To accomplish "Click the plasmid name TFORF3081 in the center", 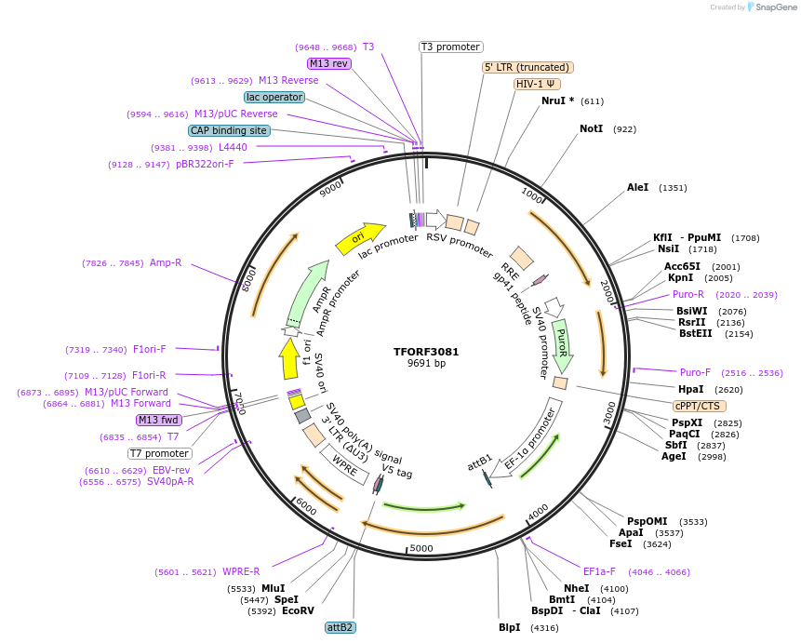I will (x=426, y=352).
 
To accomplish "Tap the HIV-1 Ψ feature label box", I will (x=537, y=84).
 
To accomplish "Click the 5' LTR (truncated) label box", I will (x=527, y=67).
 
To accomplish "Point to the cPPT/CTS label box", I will (x=700, y=406).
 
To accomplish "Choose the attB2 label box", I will (x=340, y=627).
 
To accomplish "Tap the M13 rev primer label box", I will (x=328, y=63).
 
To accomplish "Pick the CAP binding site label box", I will (x=229, y=130).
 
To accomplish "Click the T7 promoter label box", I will (x=159, y=454).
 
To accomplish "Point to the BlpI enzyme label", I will (x=509, y=628).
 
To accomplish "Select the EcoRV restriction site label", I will (x=298, y=611).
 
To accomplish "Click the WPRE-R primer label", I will (x=241, y=571).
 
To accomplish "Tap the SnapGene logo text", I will (x=771, y=7).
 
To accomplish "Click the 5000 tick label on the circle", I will (x=421, y=549).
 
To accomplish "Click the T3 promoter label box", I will (x=450, y=47).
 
